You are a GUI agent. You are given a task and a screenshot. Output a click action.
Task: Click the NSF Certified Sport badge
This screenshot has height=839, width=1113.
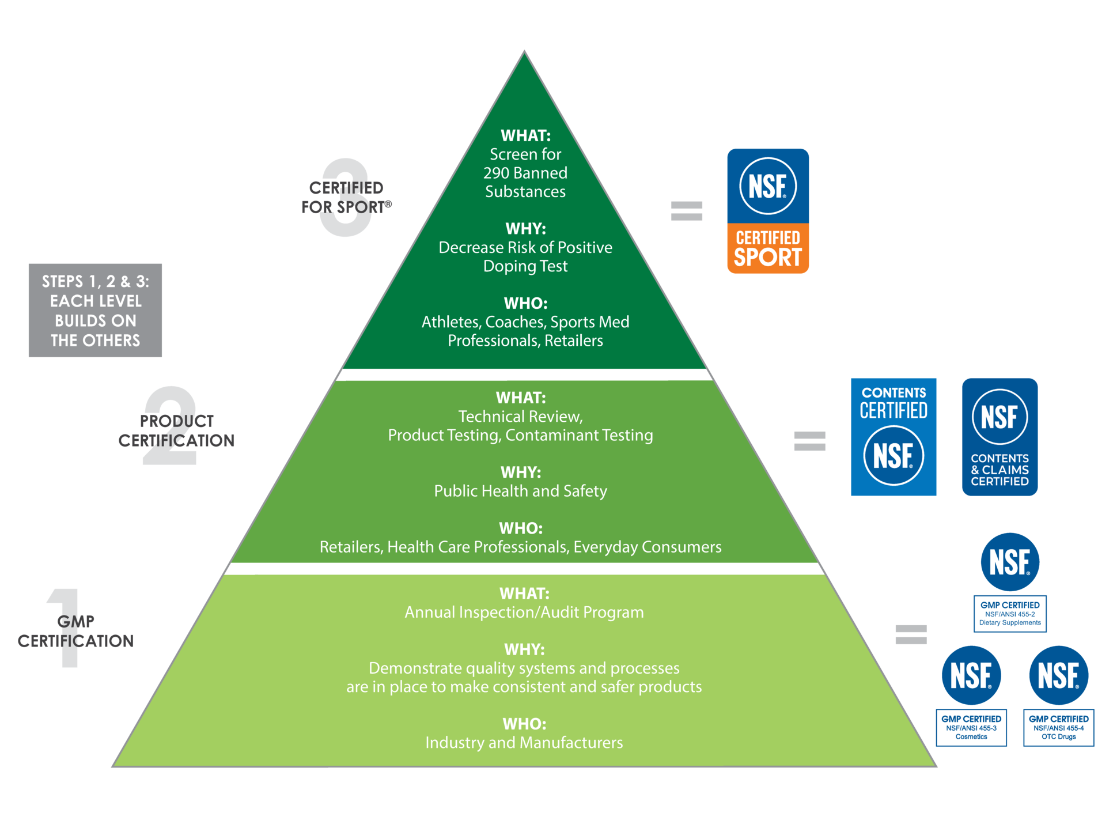767,211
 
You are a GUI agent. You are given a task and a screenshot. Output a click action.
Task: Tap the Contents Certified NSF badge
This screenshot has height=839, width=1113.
893,437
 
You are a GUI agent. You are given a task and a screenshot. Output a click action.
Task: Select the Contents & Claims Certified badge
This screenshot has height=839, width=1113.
1000,437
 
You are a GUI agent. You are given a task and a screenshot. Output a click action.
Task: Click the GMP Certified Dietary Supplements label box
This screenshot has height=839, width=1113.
1009,614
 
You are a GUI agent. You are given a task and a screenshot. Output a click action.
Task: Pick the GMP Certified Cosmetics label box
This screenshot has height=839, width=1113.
971,727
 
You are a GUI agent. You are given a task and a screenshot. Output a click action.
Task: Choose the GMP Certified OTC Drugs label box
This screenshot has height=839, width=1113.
1058,727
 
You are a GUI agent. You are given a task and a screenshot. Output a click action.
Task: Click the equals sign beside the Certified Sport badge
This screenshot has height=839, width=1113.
686,211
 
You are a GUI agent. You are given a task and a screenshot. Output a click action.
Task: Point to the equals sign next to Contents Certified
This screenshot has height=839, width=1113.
809,441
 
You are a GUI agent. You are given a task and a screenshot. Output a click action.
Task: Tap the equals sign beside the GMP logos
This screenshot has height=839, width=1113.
911,634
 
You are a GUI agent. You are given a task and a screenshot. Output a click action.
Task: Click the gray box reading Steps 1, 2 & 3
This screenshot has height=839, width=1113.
95,311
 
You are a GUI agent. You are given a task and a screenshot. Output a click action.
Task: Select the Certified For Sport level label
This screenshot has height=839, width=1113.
346,198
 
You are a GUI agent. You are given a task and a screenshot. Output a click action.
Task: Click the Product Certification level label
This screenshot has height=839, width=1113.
176,430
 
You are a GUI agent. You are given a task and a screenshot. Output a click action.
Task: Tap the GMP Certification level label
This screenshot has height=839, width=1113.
75,631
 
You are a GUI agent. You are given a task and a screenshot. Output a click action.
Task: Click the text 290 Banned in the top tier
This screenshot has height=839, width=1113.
525,173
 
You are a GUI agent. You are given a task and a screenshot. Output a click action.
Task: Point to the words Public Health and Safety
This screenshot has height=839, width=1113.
520,491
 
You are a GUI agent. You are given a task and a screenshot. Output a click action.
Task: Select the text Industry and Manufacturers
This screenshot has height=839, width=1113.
524,742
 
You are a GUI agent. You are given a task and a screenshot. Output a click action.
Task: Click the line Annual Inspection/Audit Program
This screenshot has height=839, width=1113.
524,612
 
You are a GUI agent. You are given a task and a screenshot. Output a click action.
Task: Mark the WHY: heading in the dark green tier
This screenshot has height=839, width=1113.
525,229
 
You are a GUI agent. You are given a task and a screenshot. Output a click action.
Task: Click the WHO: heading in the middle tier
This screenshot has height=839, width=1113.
520,528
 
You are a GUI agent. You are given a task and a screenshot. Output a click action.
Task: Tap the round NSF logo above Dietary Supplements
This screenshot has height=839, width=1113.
1009,562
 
